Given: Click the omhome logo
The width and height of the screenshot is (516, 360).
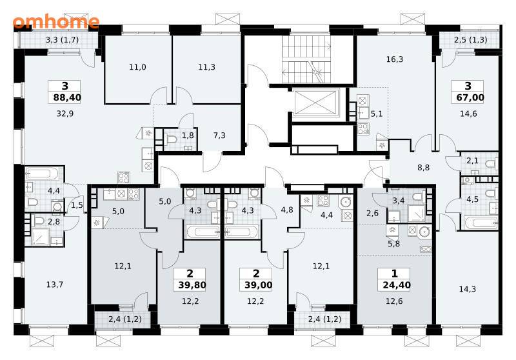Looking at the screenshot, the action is point(56,21).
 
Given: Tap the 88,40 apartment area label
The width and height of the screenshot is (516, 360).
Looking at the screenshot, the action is point(67,97).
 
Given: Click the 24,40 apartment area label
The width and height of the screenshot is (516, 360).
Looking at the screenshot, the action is point(396,285).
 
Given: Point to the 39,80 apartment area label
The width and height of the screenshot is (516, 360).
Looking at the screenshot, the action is point(192,285).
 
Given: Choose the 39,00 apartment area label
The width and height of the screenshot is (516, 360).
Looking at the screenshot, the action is point(259,285).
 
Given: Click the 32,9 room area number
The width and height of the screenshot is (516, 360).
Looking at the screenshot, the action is point(65,114).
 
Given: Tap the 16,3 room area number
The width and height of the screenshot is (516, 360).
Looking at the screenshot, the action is point(395,59).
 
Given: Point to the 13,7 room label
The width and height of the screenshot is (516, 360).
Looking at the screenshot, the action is point(55,285).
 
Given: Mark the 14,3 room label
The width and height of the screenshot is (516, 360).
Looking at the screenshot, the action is point(467,290).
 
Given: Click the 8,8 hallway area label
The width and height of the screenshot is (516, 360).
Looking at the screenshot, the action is point(424,168).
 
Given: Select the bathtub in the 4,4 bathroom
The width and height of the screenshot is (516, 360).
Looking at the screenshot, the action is point(43,174).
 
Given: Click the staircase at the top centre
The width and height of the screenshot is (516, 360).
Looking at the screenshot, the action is point(306,59).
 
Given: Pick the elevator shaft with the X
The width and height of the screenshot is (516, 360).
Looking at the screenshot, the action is point(315,103).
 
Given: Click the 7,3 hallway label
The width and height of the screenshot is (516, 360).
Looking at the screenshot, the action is point(219,135).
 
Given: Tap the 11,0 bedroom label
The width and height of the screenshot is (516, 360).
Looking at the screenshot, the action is point(137,68).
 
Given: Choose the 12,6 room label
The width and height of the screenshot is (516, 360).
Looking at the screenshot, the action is point(394,301).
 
